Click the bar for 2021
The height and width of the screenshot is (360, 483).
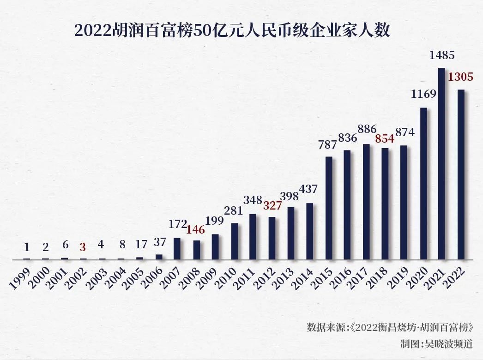click(x=441, y=164)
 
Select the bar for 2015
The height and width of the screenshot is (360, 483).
click(x=329, y=209)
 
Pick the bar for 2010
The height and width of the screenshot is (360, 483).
click(x=235, y=241)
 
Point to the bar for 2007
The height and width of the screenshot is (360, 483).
click(x=177, y=249)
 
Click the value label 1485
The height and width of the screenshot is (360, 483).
click(x=442, y=55)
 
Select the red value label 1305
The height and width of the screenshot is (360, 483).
click(x=460, y=77)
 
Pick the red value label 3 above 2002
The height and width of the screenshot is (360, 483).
click(x=83, y=247)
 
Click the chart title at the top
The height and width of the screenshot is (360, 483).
click(x=232, y=31)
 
